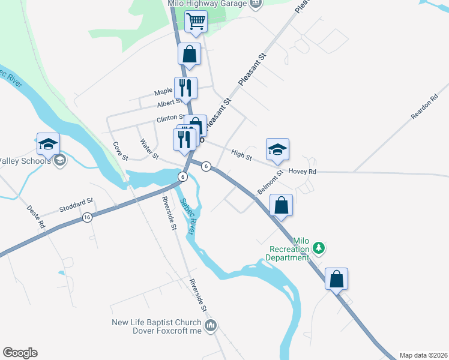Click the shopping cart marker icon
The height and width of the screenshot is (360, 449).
click(x=196, y=22)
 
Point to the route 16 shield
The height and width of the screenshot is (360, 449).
click(x=88, y=217)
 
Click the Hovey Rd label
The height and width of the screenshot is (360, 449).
click(x=302, y=171)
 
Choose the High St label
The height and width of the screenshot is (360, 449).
click(x=241, y=155)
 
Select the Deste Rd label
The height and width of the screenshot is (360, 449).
click(x=37, y=217)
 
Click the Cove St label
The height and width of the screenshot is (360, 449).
click(x=121, y=151)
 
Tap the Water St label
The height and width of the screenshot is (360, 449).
click(x=148, y=149)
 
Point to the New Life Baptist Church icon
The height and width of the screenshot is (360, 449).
click(x=211, y=326)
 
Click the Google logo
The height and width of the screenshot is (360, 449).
click(x=20, y=353)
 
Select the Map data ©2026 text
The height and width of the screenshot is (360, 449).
click(x=423, y=355)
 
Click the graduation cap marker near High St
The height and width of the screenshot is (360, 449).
click(x=277, y=149)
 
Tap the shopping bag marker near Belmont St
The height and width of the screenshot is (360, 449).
click(x=282, y=205)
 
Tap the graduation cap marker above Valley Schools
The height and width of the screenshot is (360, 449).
click(x=48, y=144)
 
